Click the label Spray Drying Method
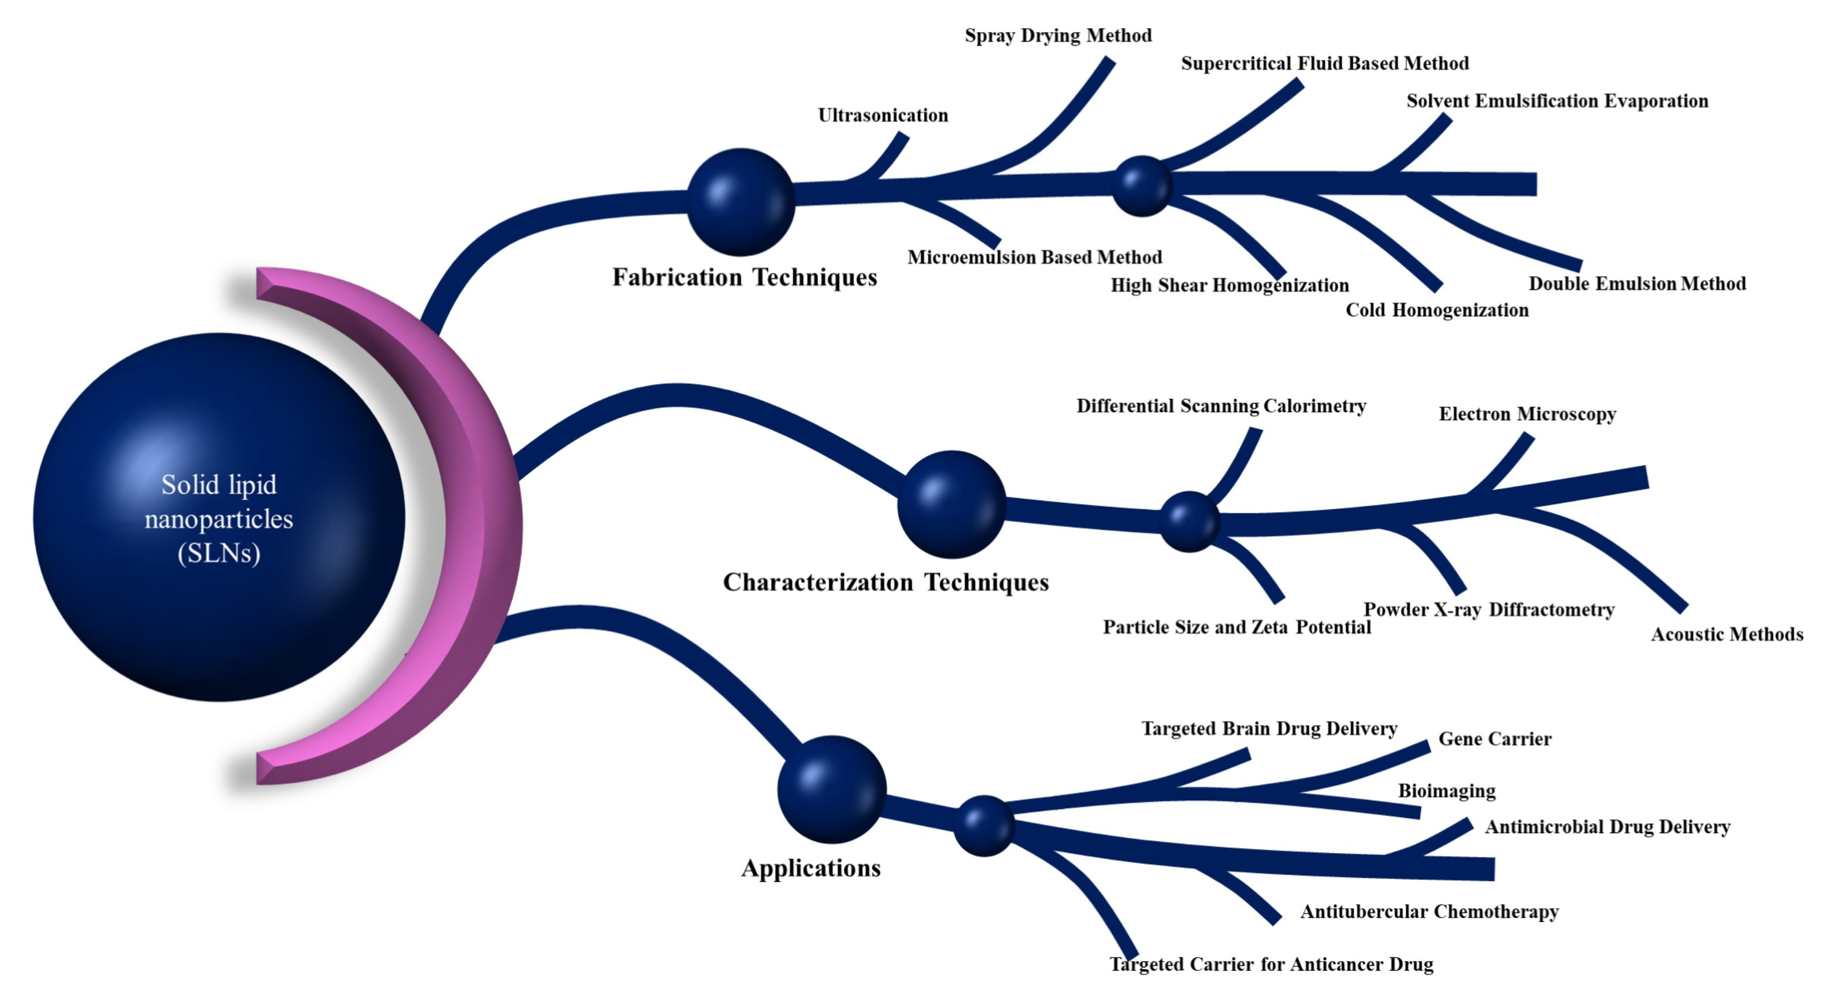click(x=1058, y=35)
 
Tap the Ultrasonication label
click(x=882, y=116)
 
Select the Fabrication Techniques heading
click(x=744, y=277)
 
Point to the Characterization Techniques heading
click(x=885, y=582)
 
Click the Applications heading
click(x=811, y=868)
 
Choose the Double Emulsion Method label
click(x=1637, y=283)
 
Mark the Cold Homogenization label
click(x=1437, y=310)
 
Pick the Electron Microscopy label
click(x=1527, y=414)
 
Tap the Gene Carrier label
click(x=1495, y=739)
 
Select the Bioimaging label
click(x=1447, y=790)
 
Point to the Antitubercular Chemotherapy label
click(x=1430, y=912)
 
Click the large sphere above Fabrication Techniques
click(x=740, y=202)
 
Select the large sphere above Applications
click(x=831, y=789)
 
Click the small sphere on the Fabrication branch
click(x=1142, y=185)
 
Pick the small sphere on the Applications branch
click(x=983, y=825)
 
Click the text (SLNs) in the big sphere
click(x=219, y=553)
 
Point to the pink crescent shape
click(x=489, y=524)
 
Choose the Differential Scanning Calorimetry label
click(x=1221, y=406)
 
